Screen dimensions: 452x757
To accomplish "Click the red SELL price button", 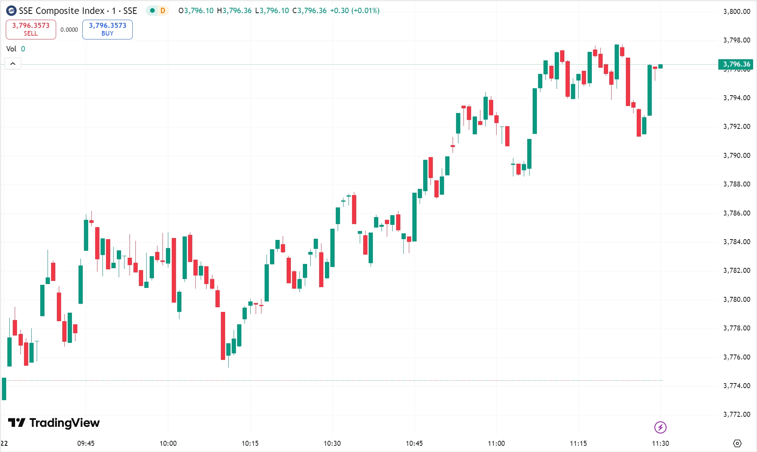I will pyautogui.click(x=31, y=29).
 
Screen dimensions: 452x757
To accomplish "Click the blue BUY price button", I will pyautogui.click(x=108, y=29).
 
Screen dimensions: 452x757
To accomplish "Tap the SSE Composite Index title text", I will pyautogui.click(x=78, y=11).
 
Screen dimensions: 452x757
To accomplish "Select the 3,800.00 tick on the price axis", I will pyautogui.click(x=736, y=12).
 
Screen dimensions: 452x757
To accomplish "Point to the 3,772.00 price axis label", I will pyautogui.click(x=736, y=414).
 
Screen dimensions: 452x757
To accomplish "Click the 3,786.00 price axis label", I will pyautogui.click(x=736, y=213).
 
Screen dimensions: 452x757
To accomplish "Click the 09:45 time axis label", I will pyautogui.click(x=86, y=443).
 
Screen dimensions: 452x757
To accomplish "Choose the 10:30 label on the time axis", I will pyautogui.click(x=332, y=443).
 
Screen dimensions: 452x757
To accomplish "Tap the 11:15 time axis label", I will pyautogui.click(x=578, y=443).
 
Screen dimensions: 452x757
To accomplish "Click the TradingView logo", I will pyautogui.click(x=54, y=423).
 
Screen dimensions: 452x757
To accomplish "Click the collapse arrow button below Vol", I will pyautogui.click(x=13, y=64).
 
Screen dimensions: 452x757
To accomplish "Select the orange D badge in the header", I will pyautogui.click(x=163, y=11).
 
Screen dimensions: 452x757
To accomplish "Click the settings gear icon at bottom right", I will pyautogui.click(x=737, y=443).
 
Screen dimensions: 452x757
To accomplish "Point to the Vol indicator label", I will pyautogui.click(x=11, y=49).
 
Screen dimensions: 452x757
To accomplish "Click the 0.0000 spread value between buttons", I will pyautogui.click(x=69, y=30).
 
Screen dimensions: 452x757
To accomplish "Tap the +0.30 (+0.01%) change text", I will pyautogui.click(x=354, y=11).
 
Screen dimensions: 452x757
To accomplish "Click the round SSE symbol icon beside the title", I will pyautogui.click(x=11, y=11).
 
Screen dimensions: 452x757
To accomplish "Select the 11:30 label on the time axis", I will pyautogui.click(x=660, y=443).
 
